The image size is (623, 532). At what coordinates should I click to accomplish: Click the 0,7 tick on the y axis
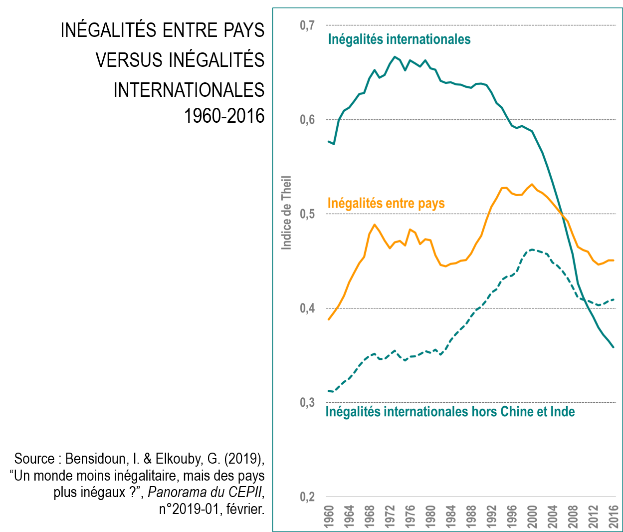pyautogui.click(x=307, y=25)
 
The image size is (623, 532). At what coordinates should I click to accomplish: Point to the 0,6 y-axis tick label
pyautogui.click(x=307, y=120)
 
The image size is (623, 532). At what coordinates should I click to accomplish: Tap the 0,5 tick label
pyautogui.click(x=307, y=214)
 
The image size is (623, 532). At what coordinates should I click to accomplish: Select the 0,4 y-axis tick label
pyautogui.click(x=307, y=308)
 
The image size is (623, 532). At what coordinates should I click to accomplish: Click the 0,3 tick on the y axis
pyautogui.click(x=307, y=403)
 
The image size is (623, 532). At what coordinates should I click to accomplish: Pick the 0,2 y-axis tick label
pyautogui.click(x=307, y=497)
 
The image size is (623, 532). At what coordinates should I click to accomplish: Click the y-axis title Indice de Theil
pyautogui.click(x=286, y=212)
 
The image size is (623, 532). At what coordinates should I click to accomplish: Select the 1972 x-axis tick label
pyautogui.click(x=391, y=518)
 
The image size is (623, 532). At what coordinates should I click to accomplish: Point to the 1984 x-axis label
pyautogui.click(x=452, y=518)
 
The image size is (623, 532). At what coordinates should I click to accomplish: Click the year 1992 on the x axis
pyautogui.click(x=492, y=518)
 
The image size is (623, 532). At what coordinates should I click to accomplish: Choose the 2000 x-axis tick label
pyautogui.click(x=533, y=518)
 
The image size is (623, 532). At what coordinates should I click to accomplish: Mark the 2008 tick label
pyautogui.click(x=574, y=518)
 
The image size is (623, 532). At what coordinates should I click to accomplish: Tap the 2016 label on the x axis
pyautogui.click(x=615, y=518)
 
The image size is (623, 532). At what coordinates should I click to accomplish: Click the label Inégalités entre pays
pyautogui.click(x=386, y=203)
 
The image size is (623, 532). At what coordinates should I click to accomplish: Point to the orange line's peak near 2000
pyautogui.click(x=532, y=184)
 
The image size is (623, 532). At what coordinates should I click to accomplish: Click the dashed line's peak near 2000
pyautogui.click(x=532, y=249)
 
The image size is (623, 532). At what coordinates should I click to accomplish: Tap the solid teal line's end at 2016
pyautogui.click(x=614, y=347)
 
